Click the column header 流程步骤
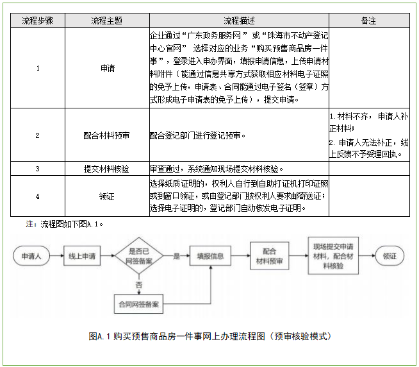coord(38,21)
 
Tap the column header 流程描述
coord(238,21)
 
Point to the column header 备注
coord(368,21)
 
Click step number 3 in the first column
coord(38,169)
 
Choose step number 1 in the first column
coord(38,67)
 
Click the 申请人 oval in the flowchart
coord(31,257)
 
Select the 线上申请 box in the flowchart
coord(83,257)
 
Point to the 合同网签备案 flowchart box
coord(139,301)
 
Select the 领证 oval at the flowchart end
coord(390,256)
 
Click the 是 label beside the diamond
coord(176,256)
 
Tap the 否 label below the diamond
coord(139,283)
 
